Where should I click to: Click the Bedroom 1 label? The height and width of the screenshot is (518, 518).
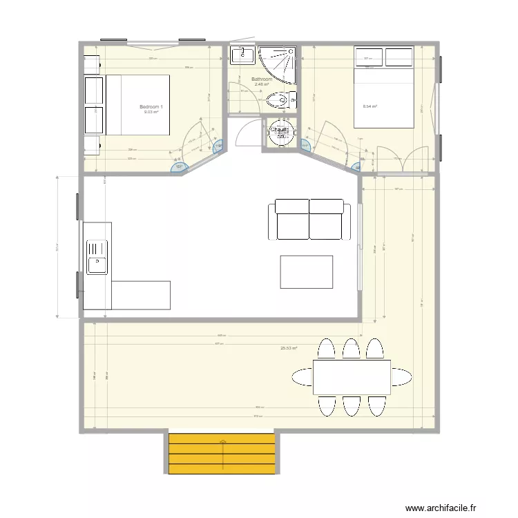point(151,106)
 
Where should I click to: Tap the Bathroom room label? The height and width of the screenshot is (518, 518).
point(261,79)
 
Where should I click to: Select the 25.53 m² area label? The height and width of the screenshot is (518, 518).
point(288,348)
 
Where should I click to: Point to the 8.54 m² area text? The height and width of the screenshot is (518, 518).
point(370,106)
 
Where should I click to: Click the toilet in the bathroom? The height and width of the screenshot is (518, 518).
point(280,102)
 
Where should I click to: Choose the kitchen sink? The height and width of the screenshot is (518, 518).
point(96,256)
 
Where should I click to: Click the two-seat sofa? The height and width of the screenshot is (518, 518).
point(309,219)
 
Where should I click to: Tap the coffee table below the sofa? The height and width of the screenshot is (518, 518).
point(306,271)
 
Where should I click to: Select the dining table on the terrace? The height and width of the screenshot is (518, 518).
point(352,376)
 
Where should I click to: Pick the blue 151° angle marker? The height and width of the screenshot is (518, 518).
point(178,166)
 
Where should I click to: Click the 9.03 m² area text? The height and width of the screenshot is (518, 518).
point(151,112)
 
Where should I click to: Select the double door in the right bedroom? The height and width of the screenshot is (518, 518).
point(403,160)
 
